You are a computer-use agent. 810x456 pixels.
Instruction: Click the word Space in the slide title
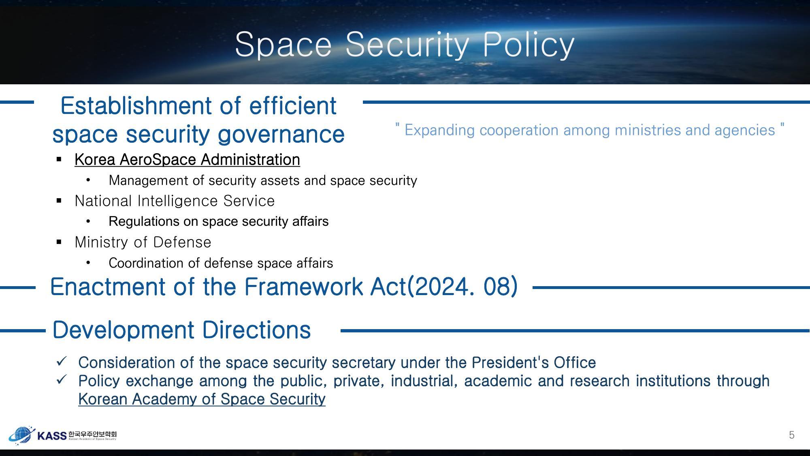point(283,45)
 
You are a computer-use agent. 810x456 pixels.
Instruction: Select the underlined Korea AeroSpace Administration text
point(187,160)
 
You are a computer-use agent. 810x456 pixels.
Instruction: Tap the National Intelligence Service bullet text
point(175,201)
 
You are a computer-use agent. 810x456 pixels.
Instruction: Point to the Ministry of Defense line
point(143,242)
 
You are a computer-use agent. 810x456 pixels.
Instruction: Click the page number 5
point(791,435)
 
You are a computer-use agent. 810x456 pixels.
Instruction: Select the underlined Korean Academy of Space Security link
point(202,399)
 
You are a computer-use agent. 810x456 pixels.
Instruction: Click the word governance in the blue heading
point(281,134)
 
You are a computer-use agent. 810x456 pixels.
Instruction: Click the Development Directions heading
point(181,330)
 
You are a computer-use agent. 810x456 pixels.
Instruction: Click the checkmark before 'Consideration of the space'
point(62,361)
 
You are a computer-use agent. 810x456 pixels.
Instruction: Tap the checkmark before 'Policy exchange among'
point(62,380)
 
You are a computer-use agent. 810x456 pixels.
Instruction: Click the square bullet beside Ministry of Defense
point(59,242)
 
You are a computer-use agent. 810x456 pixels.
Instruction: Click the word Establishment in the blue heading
point(136,106)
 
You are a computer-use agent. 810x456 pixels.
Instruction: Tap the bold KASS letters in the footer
point(51,436)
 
